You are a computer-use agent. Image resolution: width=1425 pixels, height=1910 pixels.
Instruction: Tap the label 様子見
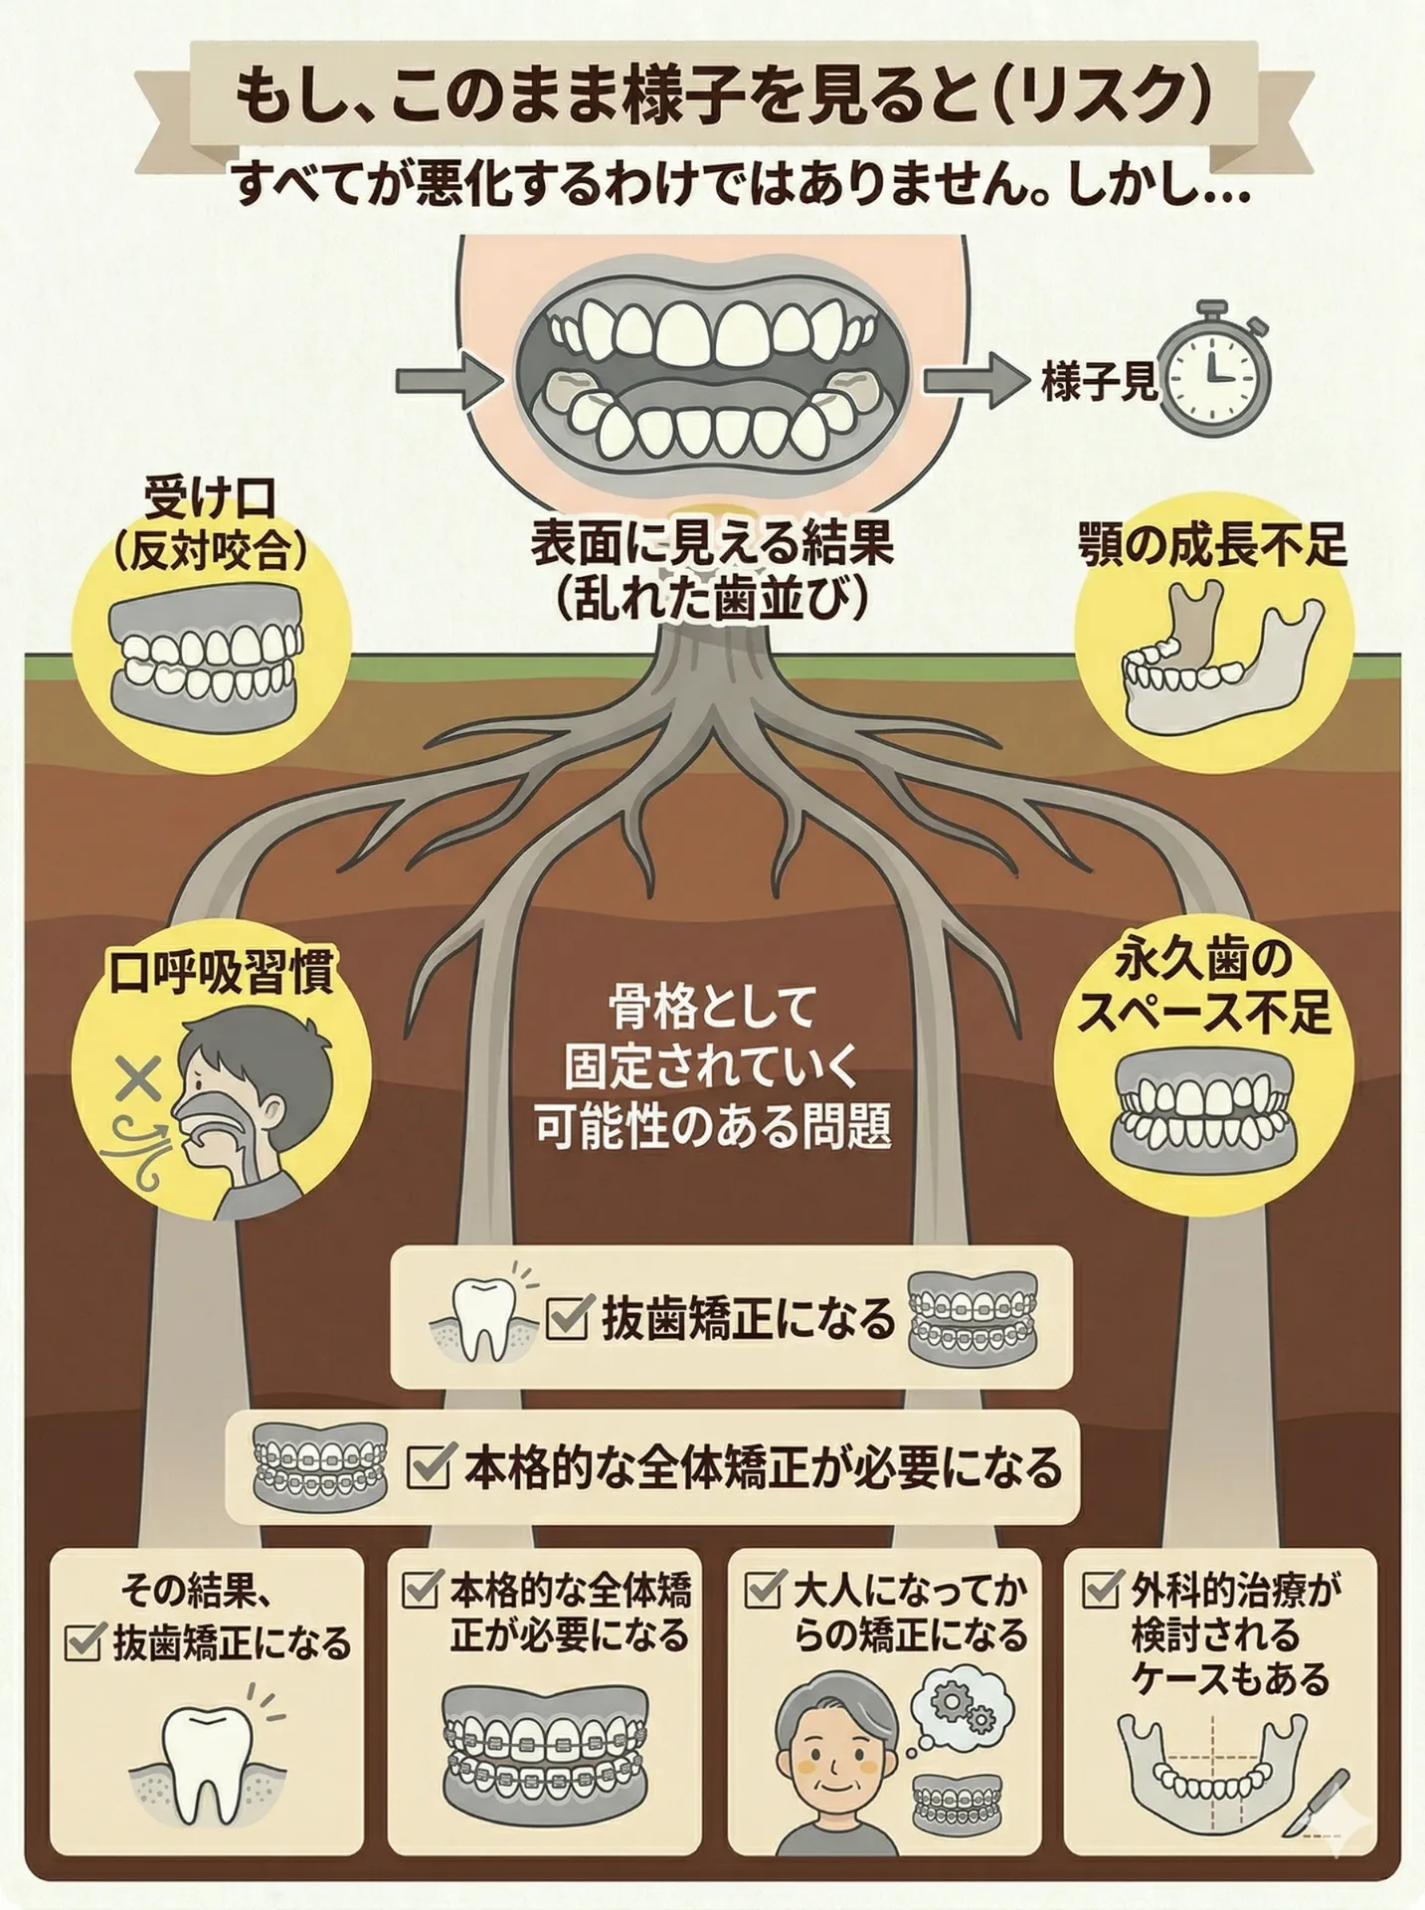coord(1100,382)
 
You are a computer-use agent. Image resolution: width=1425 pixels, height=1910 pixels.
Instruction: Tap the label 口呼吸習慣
coord(221,972)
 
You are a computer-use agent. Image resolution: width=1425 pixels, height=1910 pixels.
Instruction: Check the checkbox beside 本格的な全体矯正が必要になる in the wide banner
coord(429,1466)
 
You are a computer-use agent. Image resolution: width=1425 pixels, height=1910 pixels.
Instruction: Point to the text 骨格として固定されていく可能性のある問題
coord(712,1066)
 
